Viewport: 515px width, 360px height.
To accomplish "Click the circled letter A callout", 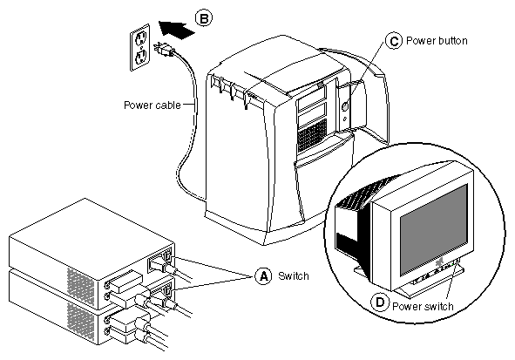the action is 263,276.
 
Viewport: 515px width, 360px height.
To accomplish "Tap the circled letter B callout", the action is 204,18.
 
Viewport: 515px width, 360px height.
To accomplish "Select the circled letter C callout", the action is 394,41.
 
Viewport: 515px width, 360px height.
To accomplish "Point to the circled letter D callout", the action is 380,302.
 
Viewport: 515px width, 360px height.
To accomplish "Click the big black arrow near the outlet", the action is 176,30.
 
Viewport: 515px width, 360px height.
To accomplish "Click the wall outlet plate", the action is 140,47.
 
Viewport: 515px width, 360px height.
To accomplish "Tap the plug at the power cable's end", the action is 163,50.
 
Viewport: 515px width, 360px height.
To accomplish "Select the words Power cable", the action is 152,105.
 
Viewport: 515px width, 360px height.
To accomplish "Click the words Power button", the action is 437,41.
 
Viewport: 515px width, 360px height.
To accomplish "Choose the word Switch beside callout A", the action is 294,276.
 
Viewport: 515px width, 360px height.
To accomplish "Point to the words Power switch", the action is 423,307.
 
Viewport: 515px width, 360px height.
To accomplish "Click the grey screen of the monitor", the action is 434,230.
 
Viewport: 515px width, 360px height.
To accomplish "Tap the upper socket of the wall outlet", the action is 141,38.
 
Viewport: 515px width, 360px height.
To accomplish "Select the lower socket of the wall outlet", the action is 141,58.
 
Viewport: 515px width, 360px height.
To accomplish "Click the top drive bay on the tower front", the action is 312,96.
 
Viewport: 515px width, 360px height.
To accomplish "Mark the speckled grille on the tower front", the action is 312,136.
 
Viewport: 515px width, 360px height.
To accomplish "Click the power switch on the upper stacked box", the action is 168,255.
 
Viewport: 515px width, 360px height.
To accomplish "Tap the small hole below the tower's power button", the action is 344,119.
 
